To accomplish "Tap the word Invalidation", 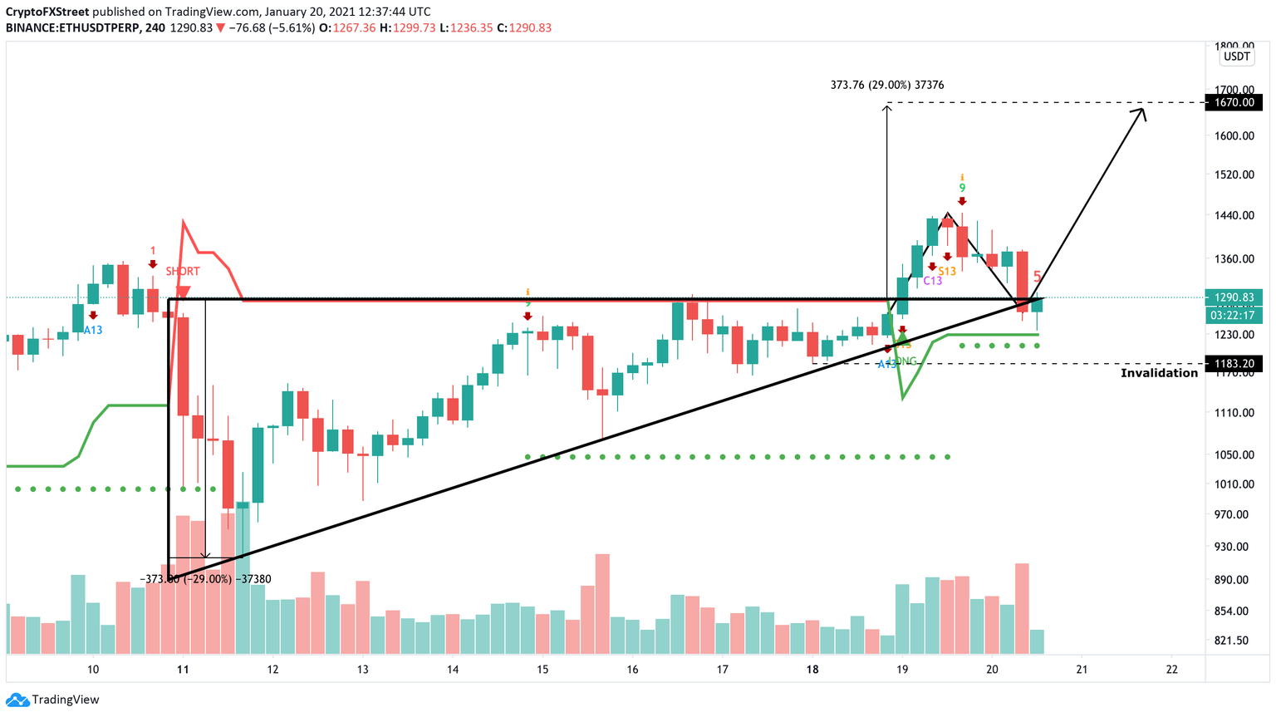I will [1159, 373].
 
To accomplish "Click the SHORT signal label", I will [183, 272].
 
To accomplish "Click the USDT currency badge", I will [1236, 56].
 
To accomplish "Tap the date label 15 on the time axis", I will [542, 669].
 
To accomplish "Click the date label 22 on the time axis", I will [1171, 669].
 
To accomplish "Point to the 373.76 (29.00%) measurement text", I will [886, 85].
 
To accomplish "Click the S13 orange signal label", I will [947, 271].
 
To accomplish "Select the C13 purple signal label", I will [932, 281].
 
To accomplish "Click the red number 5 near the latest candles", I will [1037, 276].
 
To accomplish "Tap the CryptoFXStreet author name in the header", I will [47, 12].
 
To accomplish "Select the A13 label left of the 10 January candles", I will [93, 330].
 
